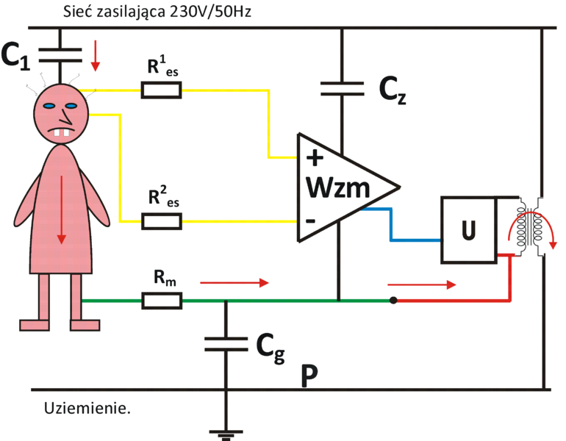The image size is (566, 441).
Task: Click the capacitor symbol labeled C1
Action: [x=60, y=52]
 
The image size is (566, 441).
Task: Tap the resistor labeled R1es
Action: [x=161, y=90]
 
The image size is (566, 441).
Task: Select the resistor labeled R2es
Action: [x=161, y=220]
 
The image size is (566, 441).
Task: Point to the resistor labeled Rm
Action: [x=161, y=301]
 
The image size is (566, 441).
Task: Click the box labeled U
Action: [x=468, y=230]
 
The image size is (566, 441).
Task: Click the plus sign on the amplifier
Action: [x=315, y=157]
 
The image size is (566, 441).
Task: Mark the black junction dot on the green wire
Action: [x=394, y=300]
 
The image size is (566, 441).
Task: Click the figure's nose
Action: [x=67, y=116]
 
